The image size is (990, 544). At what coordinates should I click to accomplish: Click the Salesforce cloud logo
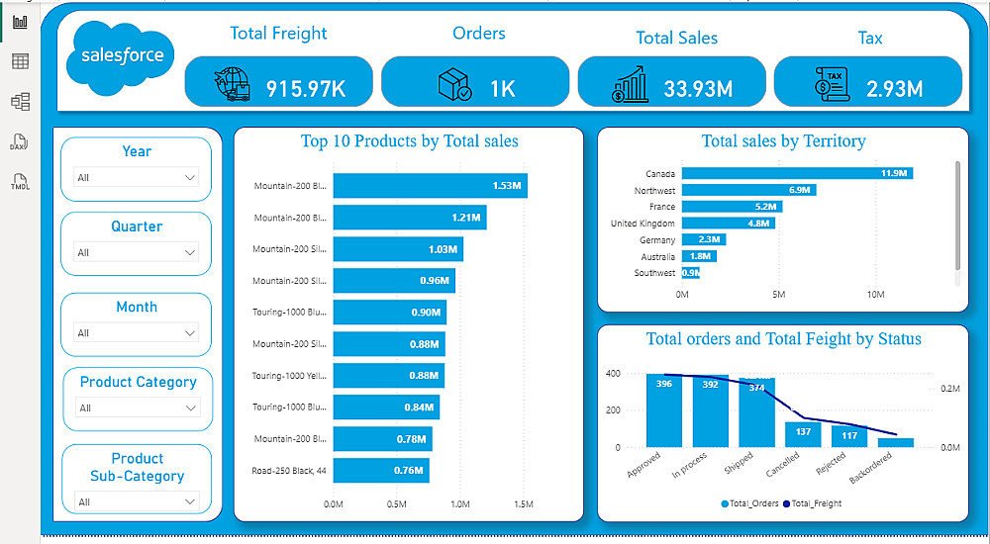(x=122, y=57)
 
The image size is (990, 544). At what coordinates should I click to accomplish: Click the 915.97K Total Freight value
(x=305, y=88)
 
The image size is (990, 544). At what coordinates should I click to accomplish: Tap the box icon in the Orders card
(x=454, y=85)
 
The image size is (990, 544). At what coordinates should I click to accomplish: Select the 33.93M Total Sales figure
(x=698, y=88)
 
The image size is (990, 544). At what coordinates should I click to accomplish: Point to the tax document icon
(x=832, y=84)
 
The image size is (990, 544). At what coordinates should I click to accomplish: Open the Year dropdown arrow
(x=190, y=178)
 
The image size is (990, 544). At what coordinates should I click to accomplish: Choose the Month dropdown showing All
(x=137, y=333)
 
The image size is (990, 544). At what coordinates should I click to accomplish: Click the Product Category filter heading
(x=138, y=382)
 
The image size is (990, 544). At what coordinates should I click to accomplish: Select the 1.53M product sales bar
(x=430, y=185)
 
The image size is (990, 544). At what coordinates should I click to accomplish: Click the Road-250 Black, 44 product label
(x=288, y=470)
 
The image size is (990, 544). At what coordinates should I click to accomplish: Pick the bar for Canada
(x=797, y=173)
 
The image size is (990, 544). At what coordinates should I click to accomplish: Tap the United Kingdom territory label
(x=643, y=224)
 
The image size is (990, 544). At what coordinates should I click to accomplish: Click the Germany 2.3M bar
(x=703, y=239)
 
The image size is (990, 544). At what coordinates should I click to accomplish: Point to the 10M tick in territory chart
(x=875, y=295)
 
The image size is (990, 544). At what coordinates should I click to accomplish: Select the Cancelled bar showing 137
(x=803, y=434)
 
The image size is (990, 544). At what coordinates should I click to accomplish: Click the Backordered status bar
(x=895, y=442)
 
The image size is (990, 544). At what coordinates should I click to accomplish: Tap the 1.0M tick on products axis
(x=460, y=504)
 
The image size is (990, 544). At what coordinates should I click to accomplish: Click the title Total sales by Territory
(x=783, y=141)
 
